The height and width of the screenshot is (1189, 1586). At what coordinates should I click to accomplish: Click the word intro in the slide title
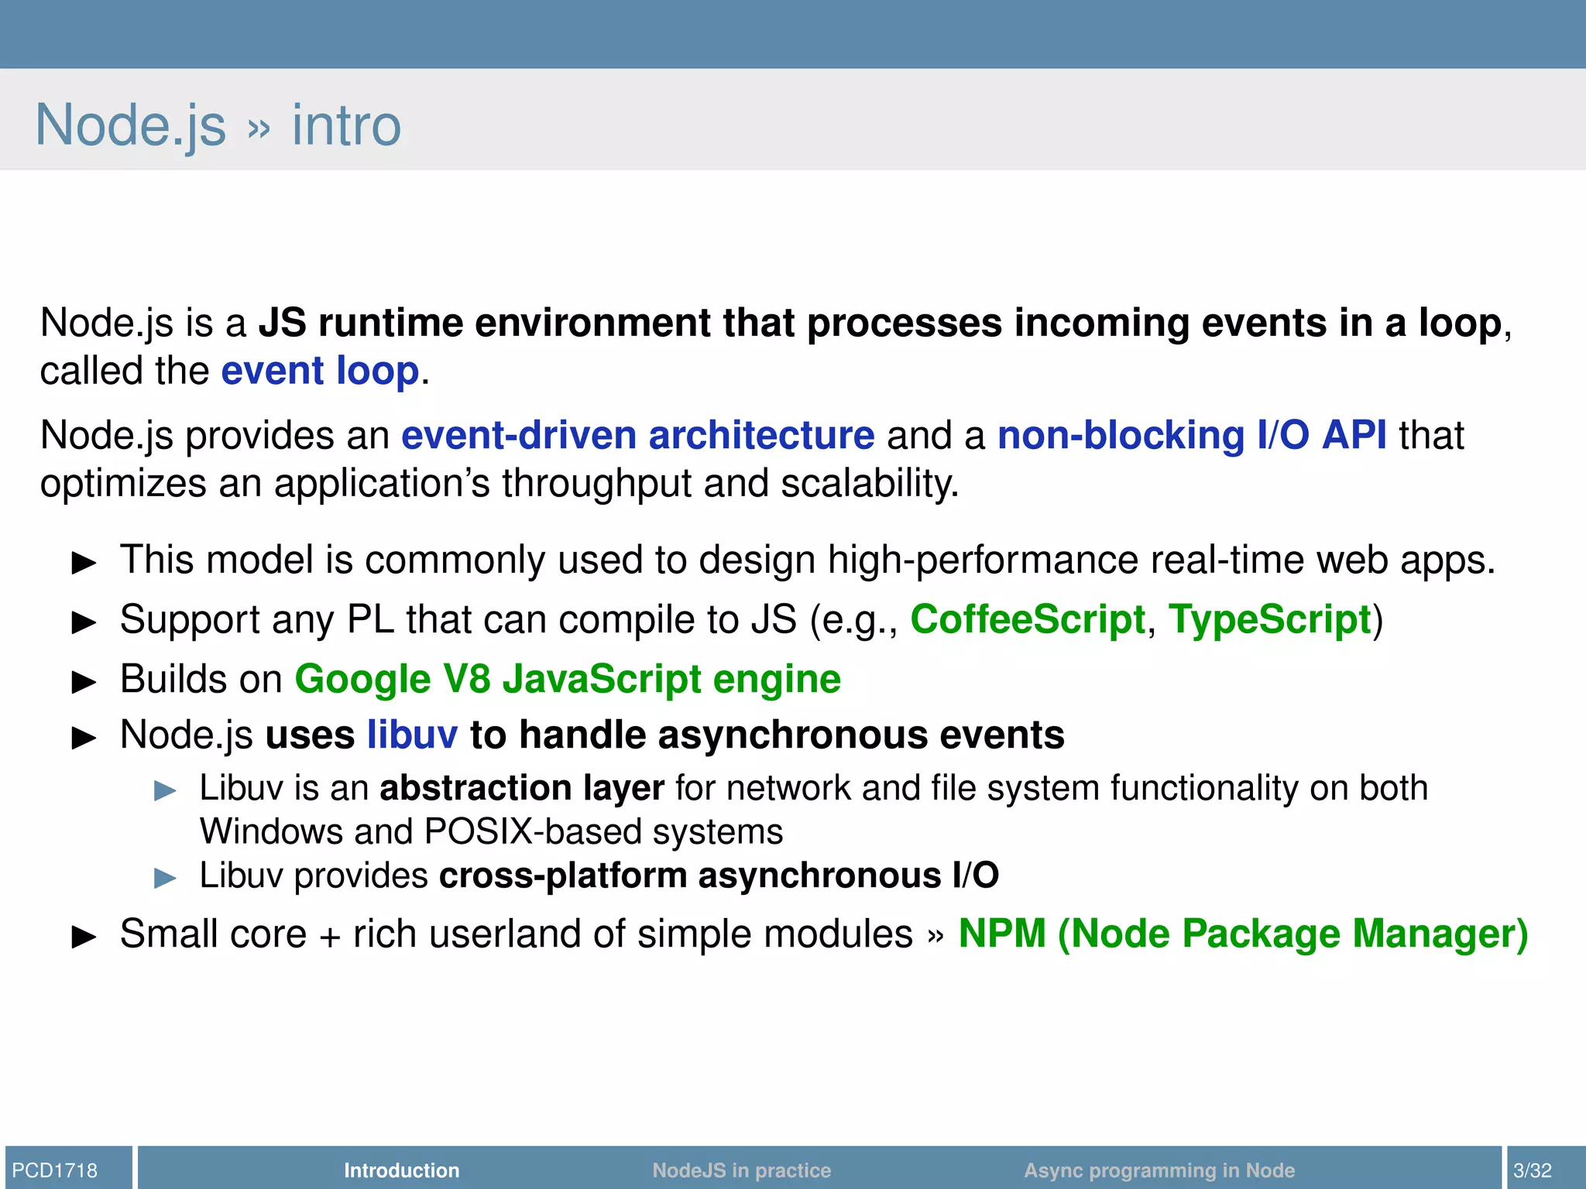[346, 125]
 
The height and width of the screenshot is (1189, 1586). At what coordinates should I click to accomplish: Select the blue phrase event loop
[320, 371]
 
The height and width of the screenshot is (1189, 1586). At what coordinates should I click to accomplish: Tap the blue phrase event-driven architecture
[637, 435]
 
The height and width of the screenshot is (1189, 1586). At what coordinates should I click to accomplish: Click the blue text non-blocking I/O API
[1191, 435]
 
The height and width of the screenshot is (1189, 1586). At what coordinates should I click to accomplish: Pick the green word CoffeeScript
[1027, 619]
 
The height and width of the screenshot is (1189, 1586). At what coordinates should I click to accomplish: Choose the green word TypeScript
[1269, 619]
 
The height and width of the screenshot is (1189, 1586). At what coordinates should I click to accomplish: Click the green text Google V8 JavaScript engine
[567, 680]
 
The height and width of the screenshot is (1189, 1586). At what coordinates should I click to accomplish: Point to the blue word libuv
[412, 735]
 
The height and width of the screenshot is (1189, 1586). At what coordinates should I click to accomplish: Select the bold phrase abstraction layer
[521, 788]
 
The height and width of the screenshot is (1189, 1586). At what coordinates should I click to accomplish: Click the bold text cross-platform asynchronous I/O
[719, 875]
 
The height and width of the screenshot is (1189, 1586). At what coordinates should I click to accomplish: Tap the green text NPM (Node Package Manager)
[1242, 934]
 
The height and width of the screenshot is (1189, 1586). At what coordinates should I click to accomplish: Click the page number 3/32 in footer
[1533, 1170]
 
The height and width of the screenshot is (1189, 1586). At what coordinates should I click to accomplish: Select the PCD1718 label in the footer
[55, 1170]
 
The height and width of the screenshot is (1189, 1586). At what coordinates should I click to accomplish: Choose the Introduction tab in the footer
[401, 1170]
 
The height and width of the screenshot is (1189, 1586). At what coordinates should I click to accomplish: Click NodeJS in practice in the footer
[741, 1170]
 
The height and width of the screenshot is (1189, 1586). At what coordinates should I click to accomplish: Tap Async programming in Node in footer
[1159, 1170]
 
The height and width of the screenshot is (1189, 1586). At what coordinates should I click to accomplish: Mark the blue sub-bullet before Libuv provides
[165, 878]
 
